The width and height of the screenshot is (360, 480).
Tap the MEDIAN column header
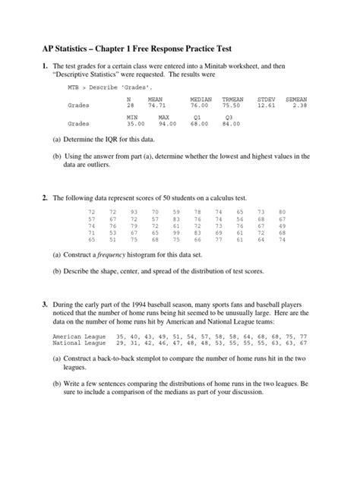(x=201, y=99)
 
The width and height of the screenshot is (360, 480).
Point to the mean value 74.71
(x=156, y=106)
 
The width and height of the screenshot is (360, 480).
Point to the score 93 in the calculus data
(x=134, y=211)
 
